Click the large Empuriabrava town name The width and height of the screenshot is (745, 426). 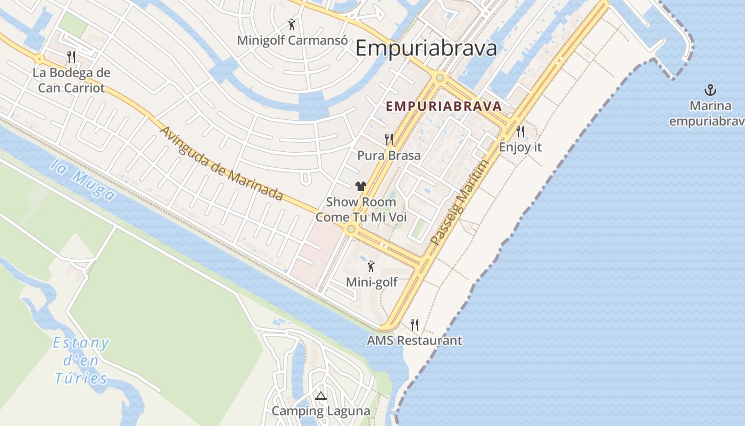pos(426,48)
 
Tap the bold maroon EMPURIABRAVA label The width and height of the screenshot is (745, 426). pos(444,106)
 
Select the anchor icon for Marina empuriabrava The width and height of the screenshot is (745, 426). pos(709,89)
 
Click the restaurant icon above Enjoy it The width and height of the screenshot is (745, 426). pos(520,131)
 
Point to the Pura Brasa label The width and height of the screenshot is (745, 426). pos(388,155)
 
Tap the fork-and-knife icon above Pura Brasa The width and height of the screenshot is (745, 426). pos(389,140)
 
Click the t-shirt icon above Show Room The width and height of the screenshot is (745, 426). pos(361,186)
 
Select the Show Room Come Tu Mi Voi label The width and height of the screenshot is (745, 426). pos(361,210)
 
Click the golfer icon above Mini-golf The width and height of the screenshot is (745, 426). pos(371,266)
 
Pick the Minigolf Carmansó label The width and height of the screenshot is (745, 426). pos(292,40)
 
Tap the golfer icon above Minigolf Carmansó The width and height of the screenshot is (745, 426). pos(292,24)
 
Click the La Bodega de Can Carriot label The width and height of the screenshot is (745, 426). pos(71,80)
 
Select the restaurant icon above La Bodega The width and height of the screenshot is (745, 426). pos(71,56)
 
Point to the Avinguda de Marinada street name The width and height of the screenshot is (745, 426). pos(221,163)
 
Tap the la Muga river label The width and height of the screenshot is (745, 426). pos(83,181)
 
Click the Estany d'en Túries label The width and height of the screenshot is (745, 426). pos(81,361)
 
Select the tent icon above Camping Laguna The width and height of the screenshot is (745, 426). pos(320,396)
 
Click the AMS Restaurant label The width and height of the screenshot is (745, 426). pos(415,340)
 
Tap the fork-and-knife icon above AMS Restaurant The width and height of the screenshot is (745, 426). pos(415,324)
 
